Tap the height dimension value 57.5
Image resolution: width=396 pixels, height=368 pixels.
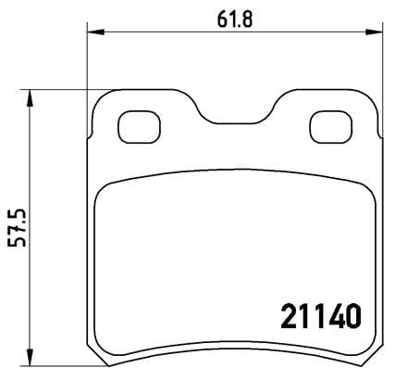pyautogui.click(x=17, y=227)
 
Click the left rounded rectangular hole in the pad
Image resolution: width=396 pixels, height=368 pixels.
pyautogui.click(x=140, y=125)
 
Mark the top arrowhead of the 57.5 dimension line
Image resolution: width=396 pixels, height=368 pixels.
pyautogui.click(x=31, y=95)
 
